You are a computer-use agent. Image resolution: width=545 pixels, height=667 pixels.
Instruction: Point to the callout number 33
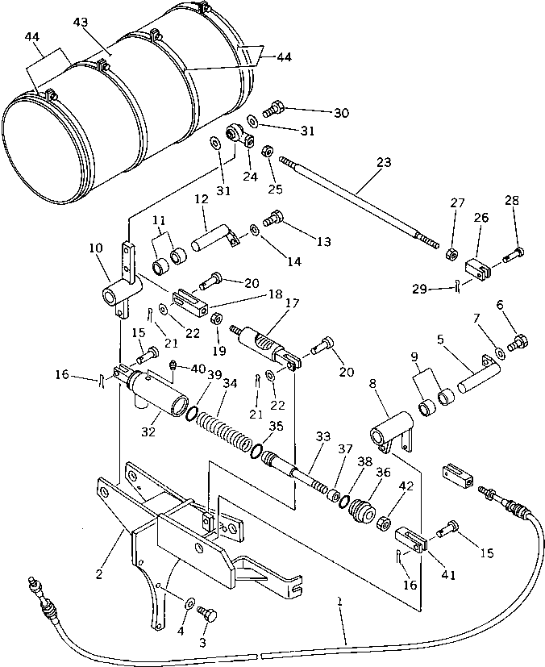click(x=322, y=436)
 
